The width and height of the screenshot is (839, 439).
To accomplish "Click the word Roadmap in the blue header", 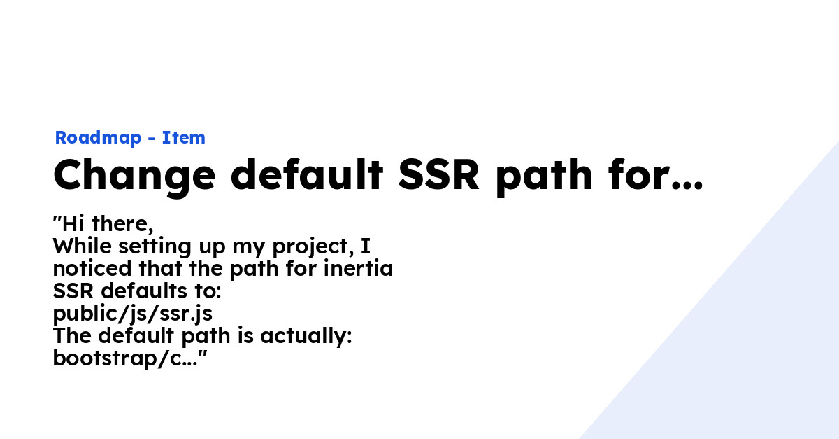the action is [98, 138].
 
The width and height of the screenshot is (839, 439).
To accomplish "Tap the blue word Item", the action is [183, 137].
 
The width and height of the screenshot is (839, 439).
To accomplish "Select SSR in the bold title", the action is [438, 175].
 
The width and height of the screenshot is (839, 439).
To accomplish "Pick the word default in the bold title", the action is [307, 174].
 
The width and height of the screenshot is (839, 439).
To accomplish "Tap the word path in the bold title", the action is [544, 176].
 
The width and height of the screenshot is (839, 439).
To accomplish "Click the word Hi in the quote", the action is [71, 223].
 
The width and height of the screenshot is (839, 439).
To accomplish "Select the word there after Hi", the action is [122, 224].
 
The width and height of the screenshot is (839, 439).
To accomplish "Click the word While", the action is [83, 246].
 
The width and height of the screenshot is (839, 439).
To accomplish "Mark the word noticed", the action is [92, 269].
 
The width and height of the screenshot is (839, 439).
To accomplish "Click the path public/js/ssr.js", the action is [133, 314].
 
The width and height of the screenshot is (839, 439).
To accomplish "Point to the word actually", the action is [306, 337].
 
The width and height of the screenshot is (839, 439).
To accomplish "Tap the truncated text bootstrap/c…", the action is [125, 359].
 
